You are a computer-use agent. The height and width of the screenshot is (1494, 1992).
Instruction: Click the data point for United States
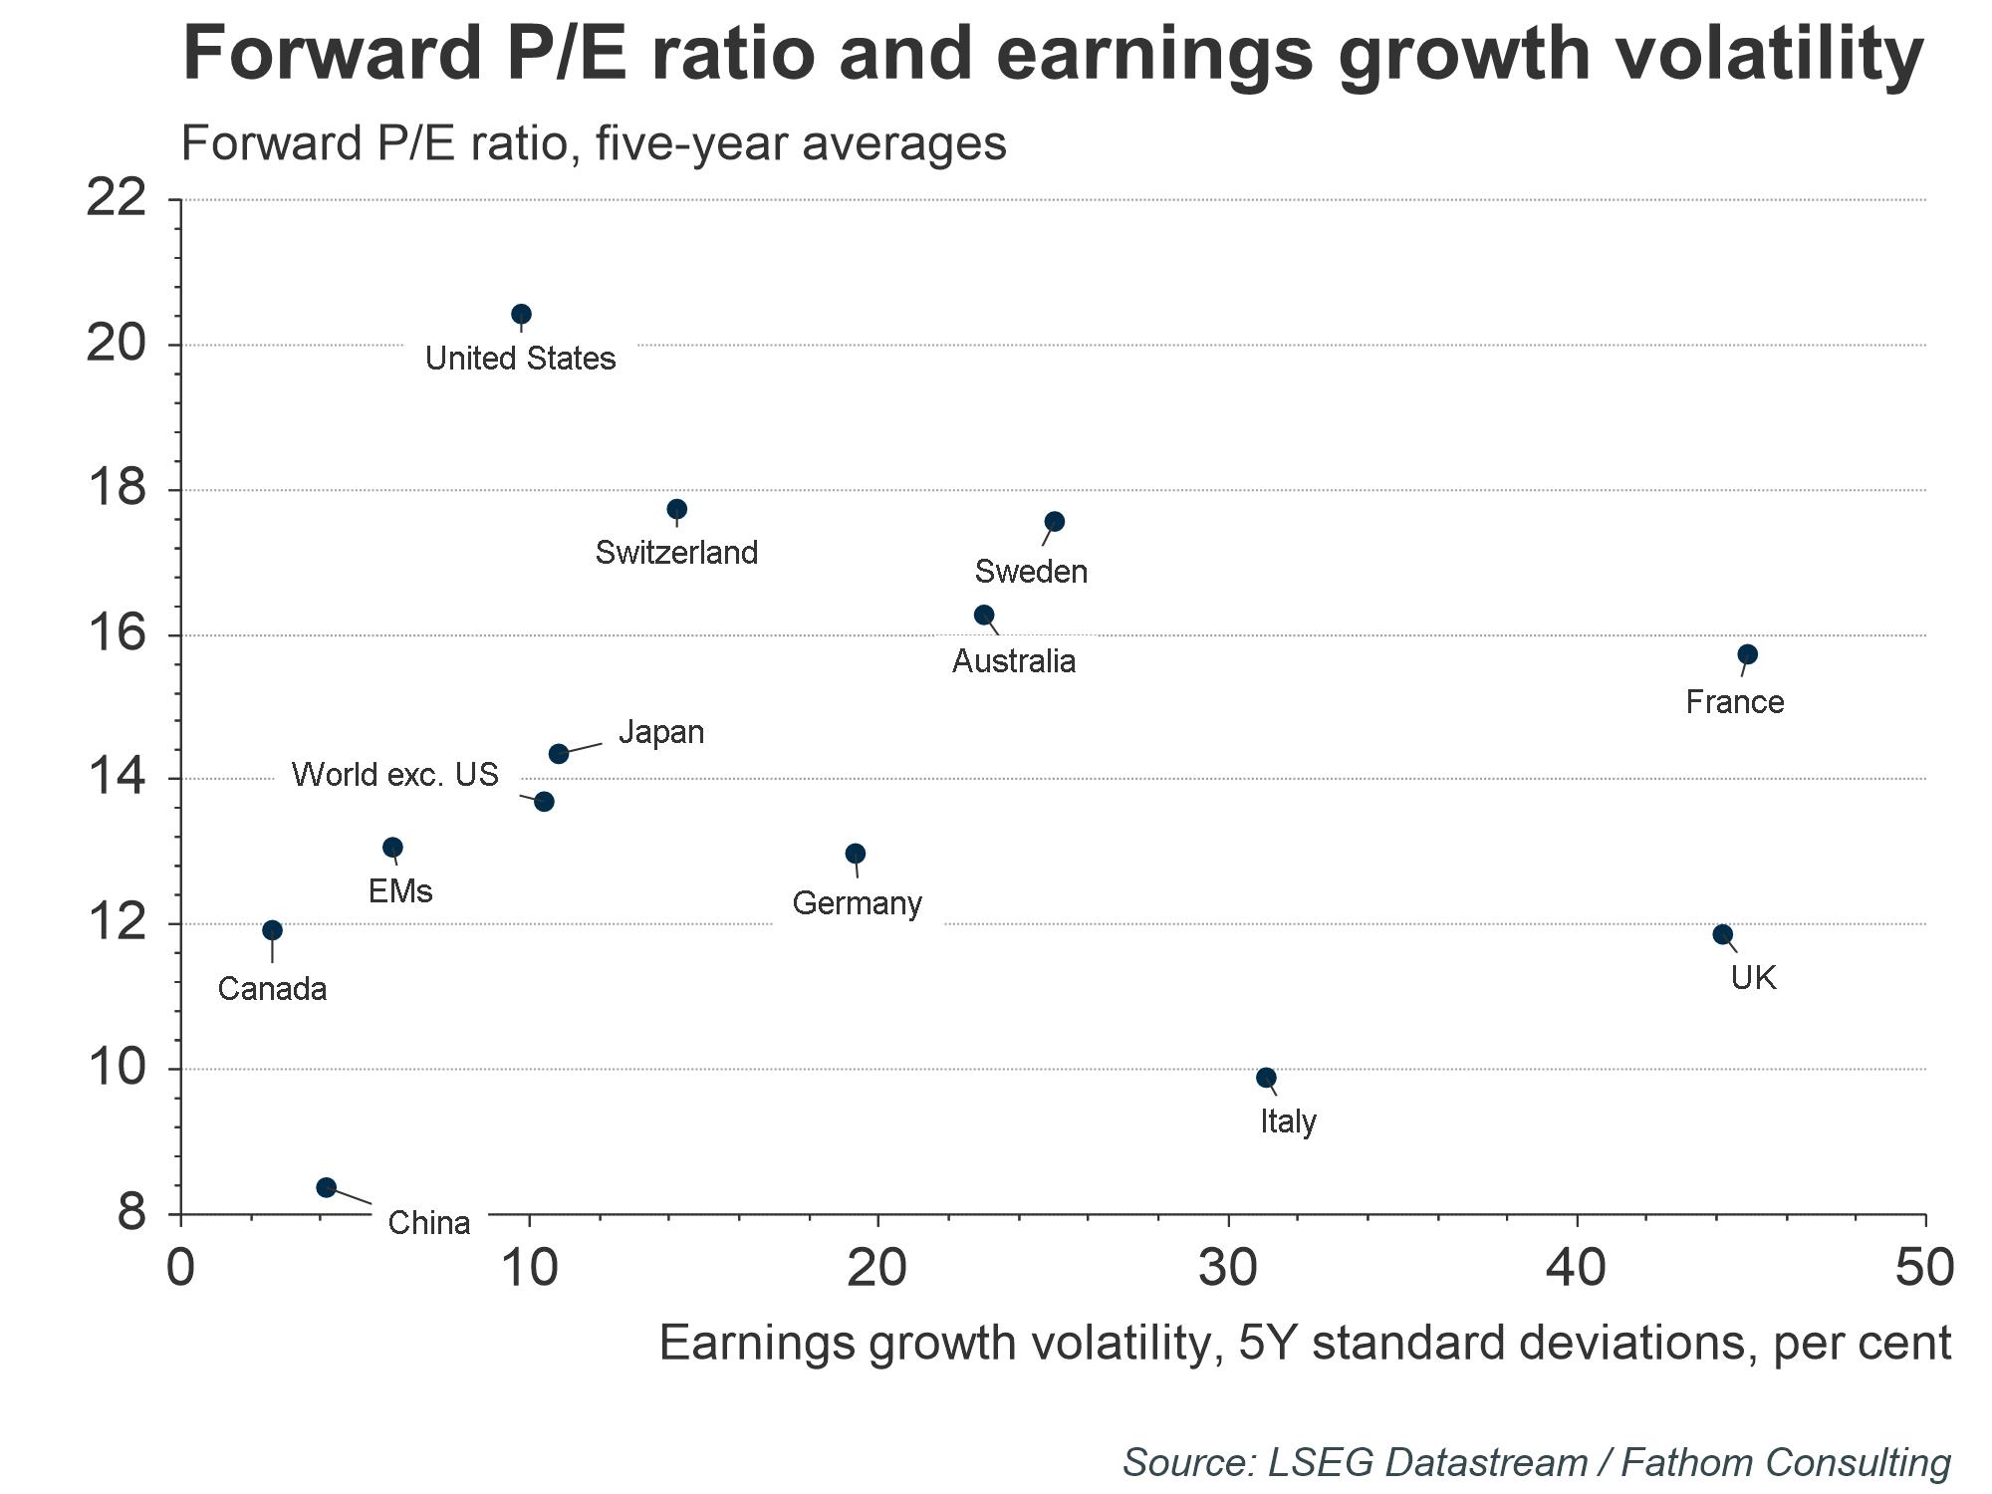coord(521,315)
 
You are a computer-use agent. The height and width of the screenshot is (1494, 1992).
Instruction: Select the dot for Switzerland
coord(677,510)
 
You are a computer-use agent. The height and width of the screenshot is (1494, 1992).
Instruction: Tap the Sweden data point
coord(1055,522)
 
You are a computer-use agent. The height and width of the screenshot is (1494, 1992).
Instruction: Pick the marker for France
coord(1748,654)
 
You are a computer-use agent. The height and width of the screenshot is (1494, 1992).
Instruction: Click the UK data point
coord(1723,934)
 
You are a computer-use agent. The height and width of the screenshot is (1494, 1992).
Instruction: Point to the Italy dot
coord(1267,1078)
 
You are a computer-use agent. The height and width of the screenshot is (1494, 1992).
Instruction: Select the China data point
coord(326,1187)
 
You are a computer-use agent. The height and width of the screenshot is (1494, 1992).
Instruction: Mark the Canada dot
coord(272,930)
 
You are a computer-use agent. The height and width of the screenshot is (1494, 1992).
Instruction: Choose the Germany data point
coord(856,854)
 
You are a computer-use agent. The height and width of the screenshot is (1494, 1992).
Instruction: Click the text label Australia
coord(1014,661)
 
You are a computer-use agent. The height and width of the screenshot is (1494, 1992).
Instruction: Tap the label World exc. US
coord(394,775)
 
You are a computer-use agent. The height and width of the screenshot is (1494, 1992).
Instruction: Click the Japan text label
coord(661,733)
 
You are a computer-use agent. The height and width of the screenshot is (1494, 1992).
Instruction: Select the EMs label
coord(400,890)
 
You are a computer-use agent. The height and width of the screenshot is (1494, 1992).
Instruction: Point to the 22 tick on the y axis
coord(116,199)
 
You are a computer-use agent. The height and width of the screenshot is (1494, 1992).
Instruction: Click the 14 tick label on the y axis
coord(116,778)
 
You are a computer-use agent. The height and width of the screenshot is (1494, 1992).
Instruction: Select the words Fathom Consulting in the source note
coord(1786,1462)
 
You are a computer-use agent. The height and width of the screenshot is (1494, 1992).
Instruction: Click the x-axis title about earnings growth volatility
coord(1305,1343)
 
